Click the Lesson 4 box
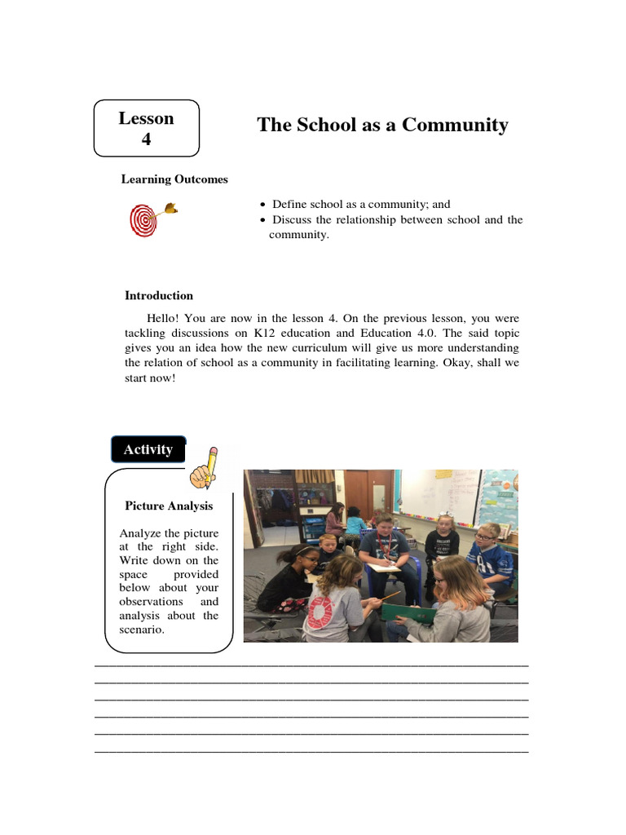coord(147,128)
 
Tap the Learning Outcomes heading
coord(174,179)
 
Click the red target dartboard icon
coord(143,220)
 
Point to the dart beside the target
coord(169,209)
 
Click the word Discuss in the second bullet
coord(291,220)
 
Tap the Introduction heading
coord(159,296)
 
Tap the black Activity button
coord(148,450)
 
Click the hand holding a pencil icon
coord(204,467)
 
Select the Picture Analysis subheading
coord(169,506)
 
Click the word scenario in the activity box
coord(142,630)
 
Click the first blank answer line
coord(311,665)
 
